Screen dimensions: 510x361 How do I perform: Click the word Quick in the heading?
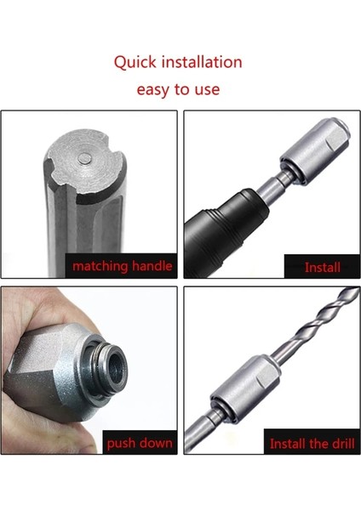click(135, 63)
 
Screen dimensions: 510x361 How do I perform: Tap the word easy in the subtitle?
click(154, 89)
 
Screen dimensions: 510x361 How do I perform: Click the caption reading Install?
click(323, 268)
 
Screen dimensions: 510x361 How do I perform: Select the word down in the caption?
click(157, 443)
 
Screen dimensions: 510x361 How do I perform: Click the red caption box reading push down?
click(140, 443)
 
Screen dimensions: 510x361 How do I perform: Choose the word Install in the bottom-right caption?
click(290, 444)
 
